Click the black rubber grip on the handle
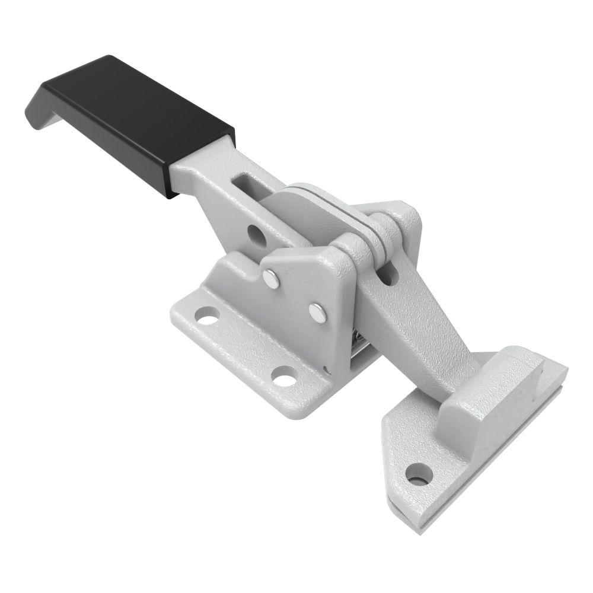(x=136, y=113)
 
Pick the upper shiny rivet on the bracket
(x=272, y=279)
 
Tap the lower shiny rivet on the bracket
(x=318, y=312)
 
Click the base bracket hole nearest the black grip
(x=207, y=318)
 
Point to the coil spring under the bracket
(x=359, y=345)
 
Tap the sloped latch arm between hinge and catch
(x=415, y=332)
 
